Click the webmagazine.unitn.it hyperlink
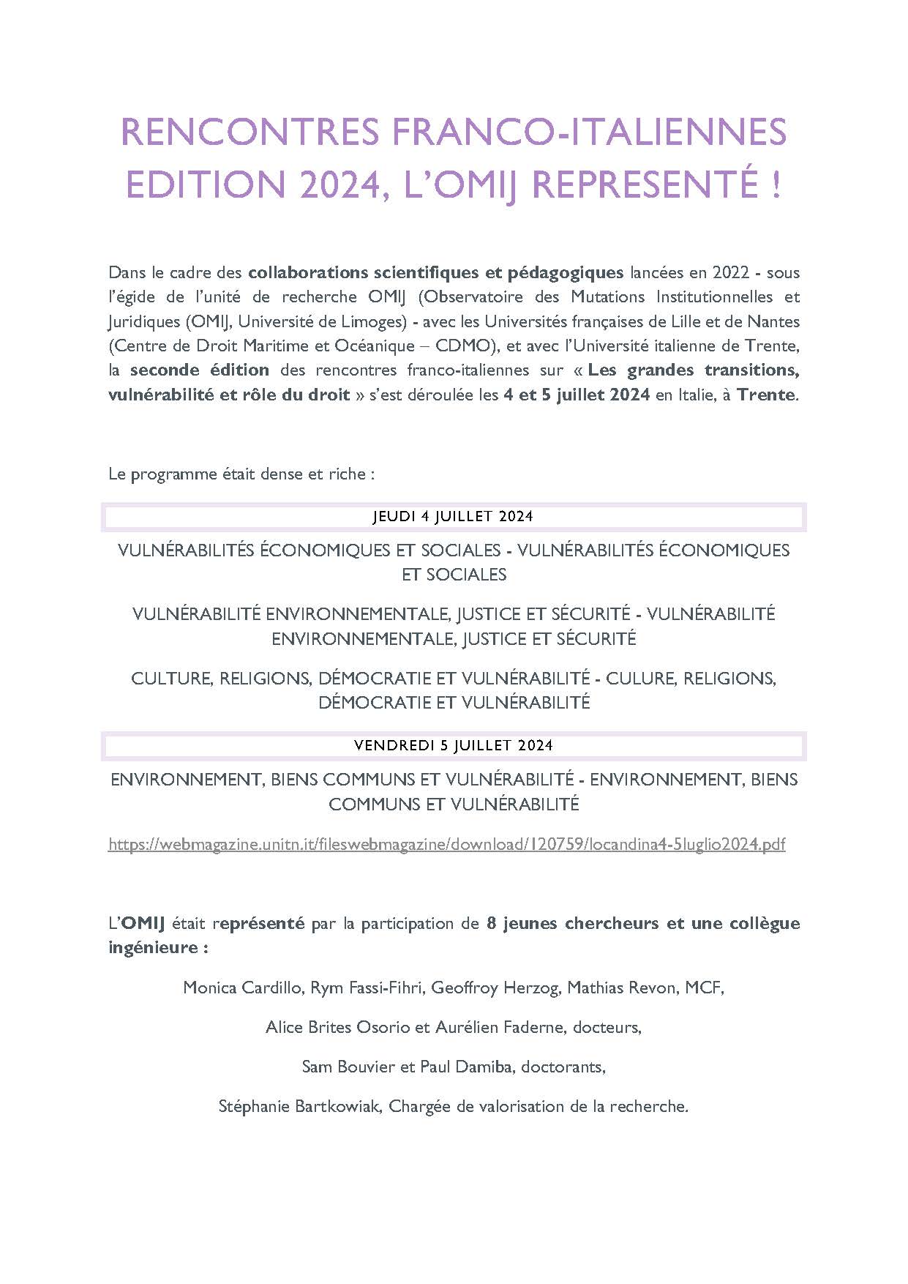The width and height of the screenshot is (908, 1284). (x=446, y=845)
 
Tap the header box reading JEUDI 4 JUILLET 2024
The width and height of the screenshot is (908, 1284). (x=454, y=516)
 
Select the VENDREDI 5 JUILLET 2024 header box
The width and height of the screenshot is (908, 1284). (x=454, y=745)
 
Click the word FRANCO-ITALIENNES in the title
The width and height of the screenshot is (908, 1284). (x=588, y=132)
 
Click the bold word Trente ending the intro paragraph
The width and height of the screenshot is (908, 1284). (x=765, y=395)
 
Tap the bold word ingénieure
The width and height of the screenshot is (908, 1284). (x=154, y=947)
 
